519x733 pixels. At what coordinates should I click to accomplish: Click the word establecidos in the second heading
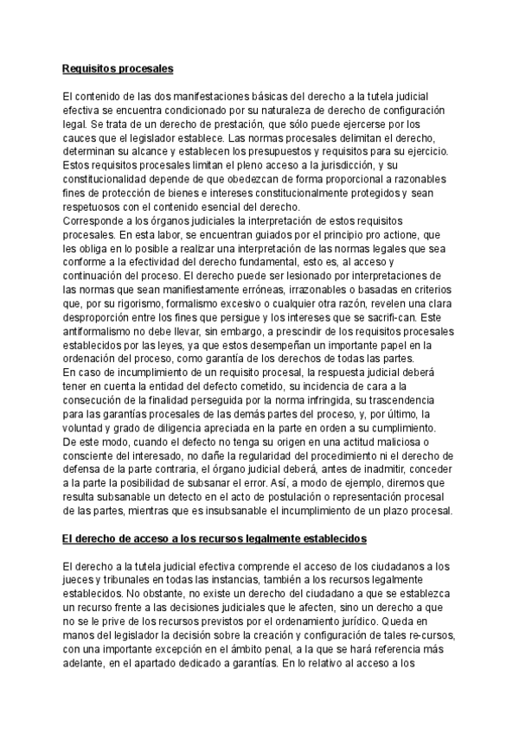point(332,539)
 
